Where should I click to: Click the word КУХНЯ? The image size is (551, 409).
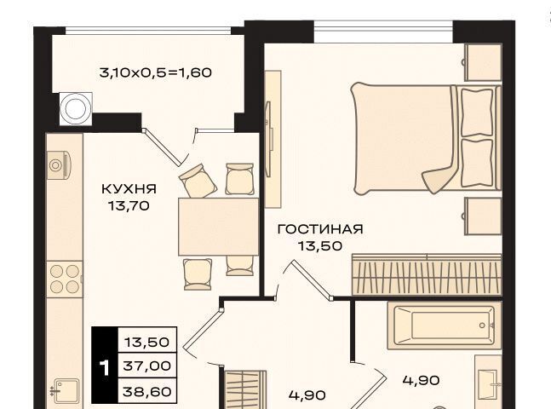coord(129,189)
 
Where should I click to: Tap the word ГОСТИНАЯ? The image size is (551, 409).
coord(320,229)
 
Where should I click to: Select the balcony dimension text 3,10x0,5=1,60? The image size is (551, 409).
coord(156,72)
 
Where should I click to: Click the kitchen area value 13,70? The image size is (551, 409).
coord(129,205)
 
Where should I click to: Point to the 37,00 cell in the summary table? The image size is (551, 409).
coord(146,366)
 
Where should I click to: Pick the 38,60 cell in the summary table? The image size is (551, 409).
coord(146,391)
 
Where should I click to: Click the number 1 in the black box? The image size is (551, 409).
coord(105,368)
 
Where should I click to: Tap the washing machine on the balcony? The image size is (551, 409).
coord(76,109)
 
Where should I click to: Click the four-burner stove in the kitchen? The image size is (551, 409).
coord(65,279)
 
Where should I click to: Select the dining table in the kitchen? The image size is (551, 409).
coord(219,227)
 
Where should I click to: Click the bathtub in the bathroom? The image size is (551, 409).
coord(445,325)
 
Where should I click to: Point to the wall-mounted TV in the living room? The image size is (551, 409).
coord(269,139)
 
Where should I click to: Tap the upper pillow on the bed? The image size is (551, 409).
coord(477,112)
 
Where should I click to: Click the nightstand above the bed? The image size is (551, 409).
coord(483,62)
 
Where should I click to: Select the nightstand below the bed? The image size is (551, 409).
coord(483,216)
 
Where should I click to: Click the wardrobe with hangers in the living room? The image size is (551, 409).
coord(427,274)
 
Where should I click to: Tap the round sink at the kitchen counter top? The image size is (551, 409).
coord(56,164)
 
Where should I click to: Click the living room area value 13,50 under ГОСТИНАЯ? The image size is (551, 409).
coord(320,245)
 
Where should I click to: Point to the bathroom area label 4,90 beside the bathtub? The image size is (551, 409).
coord(422,380)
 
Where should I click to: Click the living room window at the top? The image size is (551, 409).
coord(383,32)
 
